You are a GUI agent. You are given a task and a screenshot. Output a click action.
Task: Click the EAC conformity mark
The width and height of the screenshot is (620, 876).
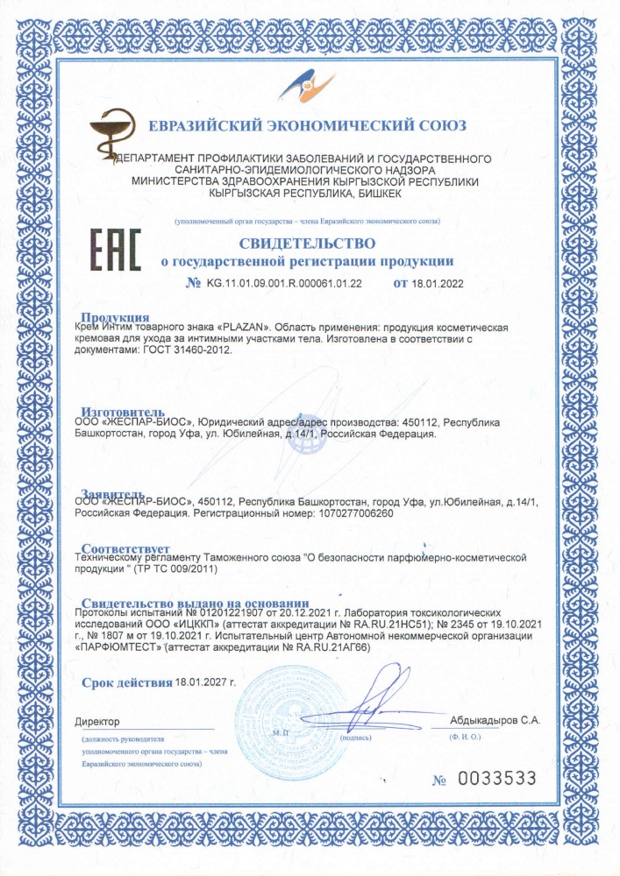(x=117, y=251)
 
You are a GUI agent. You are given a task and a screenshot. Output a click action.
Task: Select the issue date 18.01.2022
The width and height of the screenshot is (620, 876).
(x=438, y=284)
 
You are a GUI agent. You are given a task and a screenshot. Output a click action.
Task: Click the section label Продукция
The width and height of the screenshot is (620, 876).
(x=115, y=317)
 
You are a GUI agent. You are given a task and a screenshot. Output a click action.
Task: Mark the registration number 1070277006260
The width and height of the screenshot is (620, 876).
(x=362, y=513)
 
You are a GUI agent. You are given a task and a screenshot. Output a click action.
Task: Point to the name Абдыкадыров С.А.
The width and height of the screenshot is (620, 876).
(x=495, y=720)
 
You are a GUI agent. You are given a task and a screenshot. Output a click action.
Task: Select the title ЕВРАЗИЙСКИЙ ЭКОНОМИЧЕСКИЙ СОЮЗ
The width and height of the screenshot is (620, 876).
(x=307, y=126)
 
